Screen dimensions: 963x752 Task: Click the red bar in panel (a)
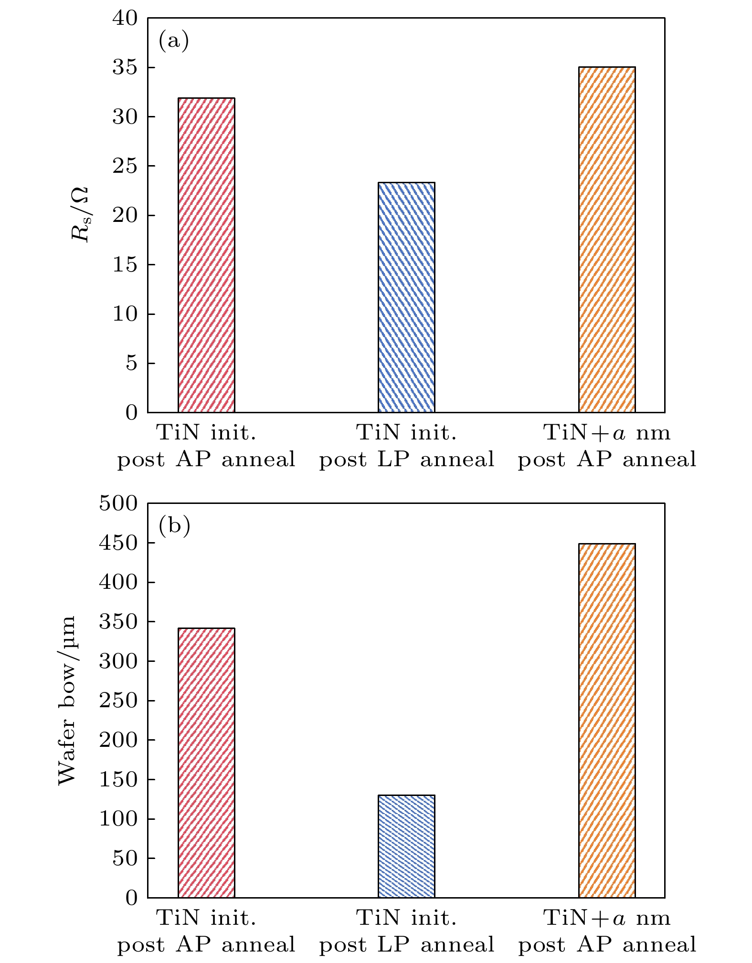206,255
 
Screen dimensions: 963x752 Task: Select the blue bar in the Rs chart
406,297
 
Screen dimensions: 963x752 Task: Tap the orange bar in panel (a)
607,240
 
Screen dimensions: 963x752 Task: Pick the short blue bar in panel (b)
406,846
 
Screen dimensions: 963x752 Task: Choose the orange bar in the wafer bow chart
607,721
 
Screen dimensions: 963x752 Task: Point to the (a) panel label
174,41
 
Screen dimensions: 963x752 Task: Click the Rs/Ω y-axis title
80,214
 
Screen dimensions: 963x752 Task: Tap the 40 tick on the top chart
125,18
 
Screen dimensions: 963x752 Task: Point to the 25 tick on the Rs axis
125,166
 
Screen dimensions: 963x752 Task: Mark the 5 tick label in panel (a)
131,363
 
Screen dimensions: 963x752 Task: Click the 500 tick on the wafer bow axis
118,503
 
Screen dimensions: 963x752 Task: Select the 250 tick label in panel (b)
118,701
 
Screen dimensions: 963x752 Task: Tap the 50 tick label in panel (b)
125,858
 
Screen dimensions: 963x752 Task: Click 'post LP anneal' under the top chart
406,460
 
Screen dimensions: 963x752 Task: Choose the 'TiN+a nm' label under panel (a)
607,433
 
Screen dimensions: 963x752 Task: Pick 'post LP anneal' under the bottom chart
406,945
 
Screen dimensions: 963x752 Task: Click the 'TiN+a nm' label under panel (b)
607,918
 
